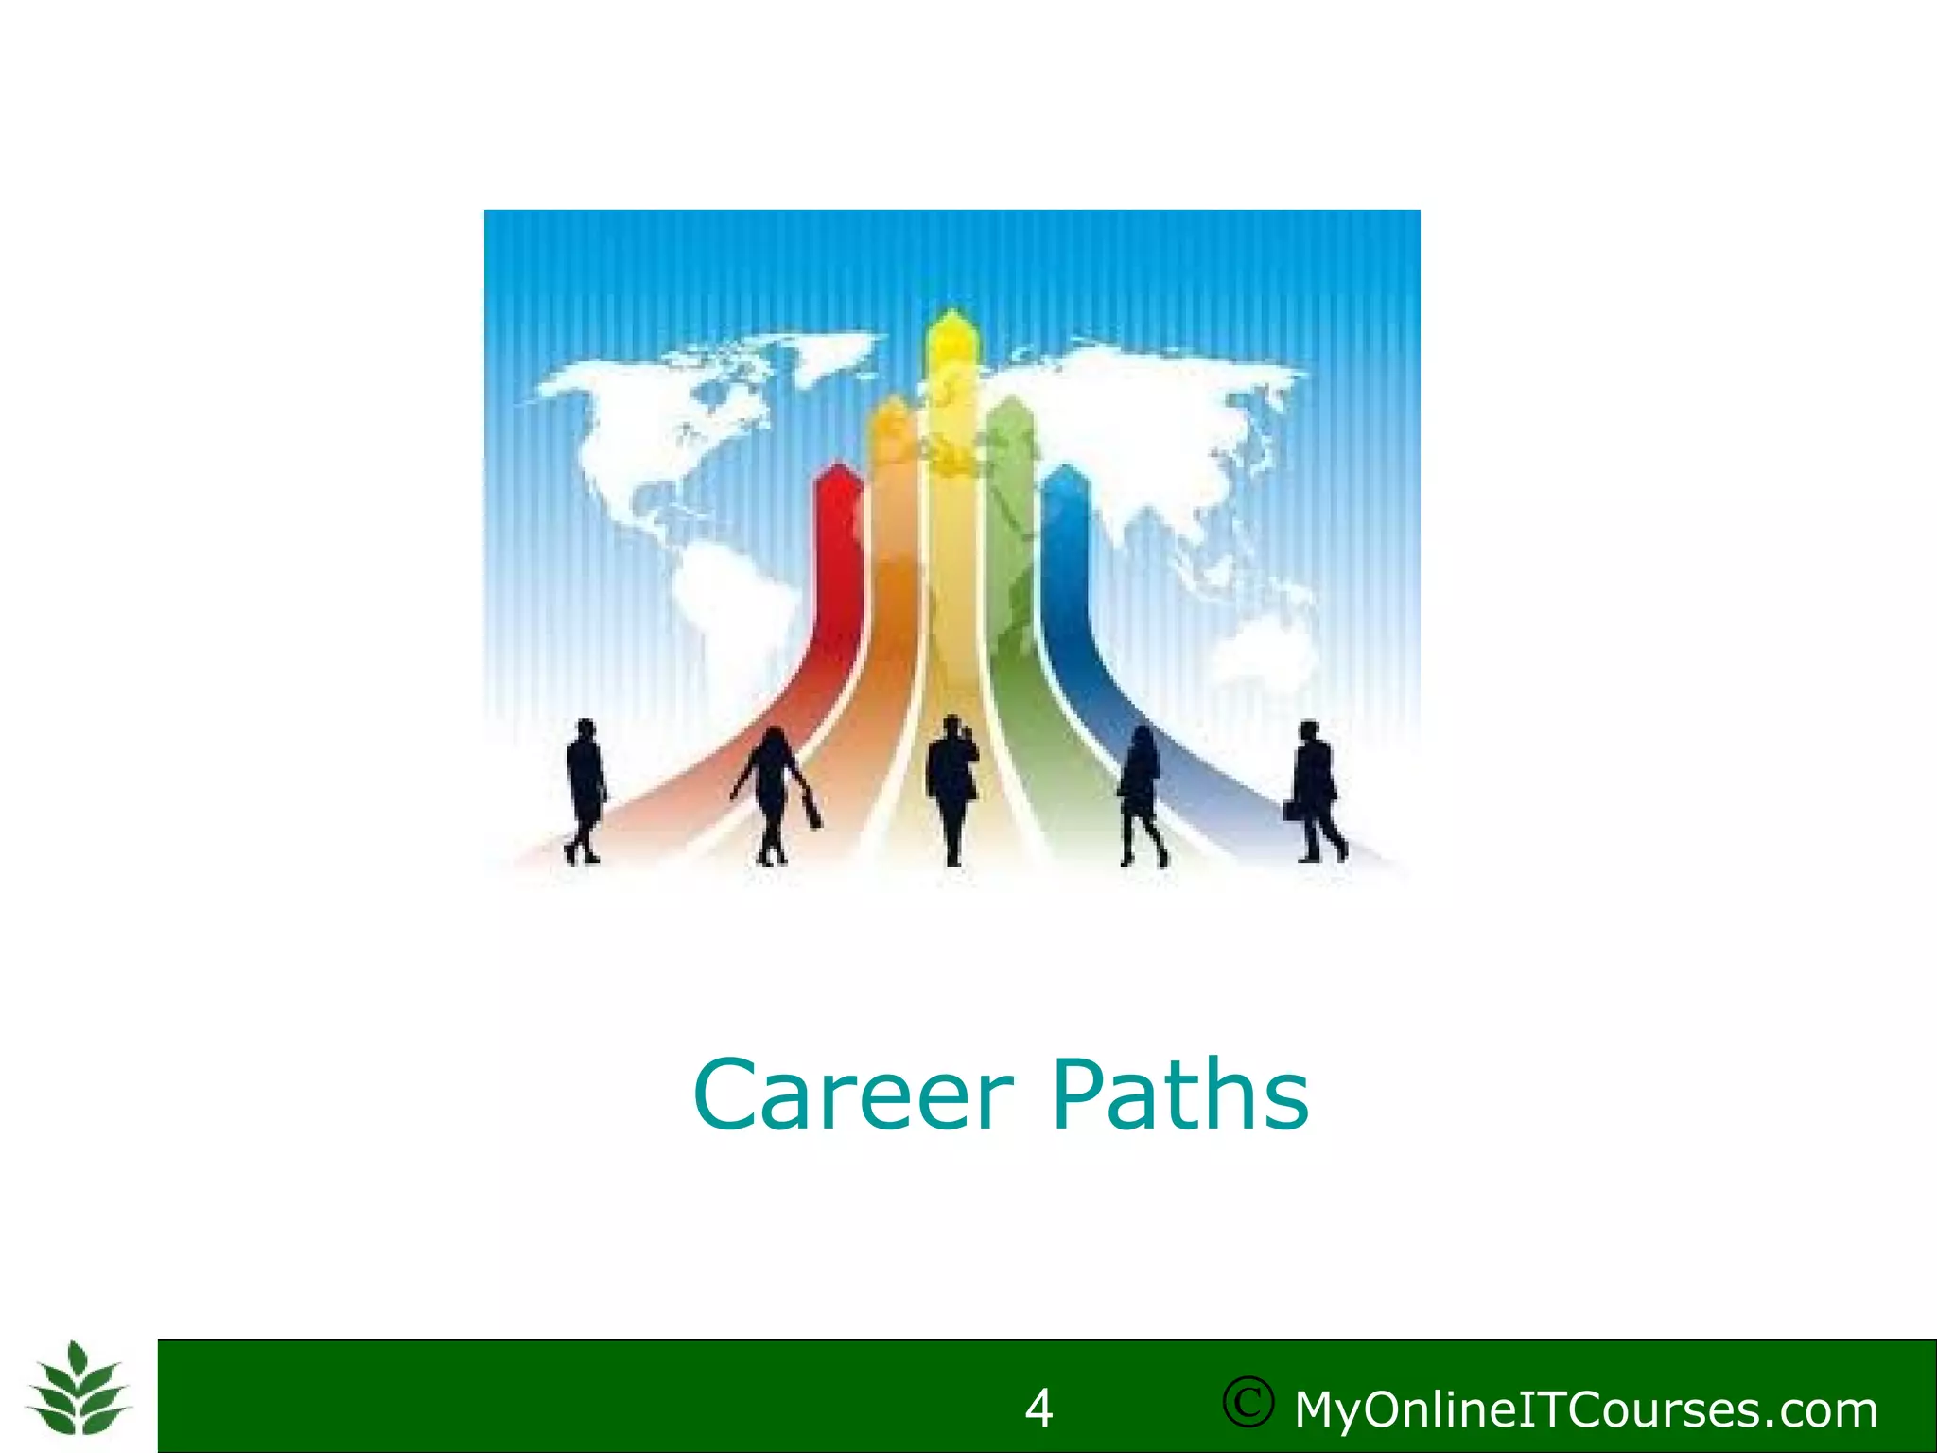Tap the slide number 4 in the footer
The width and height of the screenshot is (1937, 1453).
1038,1409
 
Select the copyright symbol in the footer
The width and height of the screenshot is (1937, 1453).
1248,1403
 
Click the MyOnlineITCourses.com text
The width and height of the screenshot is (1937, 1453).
1585,1409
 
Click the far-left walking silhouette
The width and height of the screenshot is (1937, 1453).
585,791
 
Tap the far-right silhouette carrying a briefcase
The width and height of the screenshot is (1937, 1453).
1318,791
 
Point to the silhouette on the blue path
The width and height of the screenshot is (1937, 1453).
1141,795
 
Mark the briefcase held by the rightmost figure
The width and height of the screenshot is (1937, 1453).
1291,810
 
